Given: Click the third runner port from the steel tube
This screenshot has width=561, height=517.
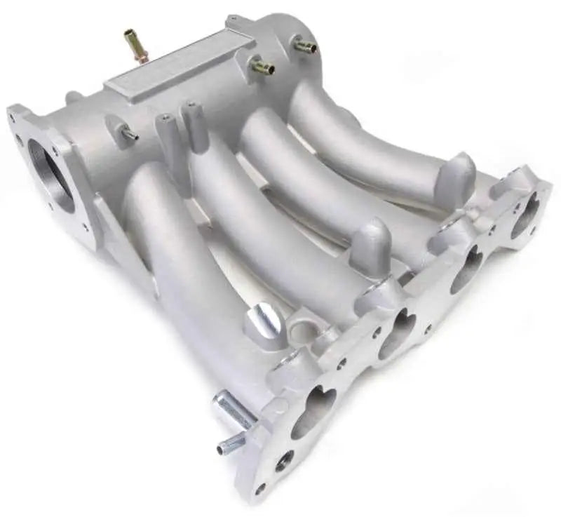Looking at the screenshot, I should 466,270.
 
